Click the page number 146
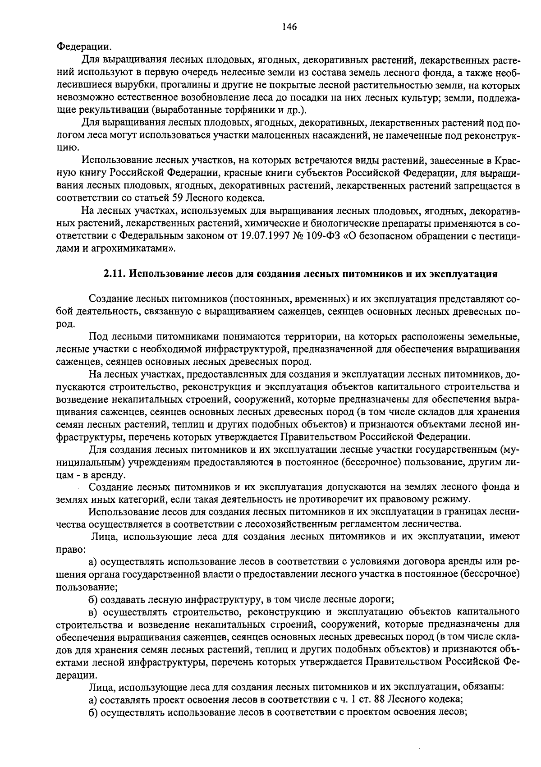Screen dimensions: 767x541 (x=289, y=27)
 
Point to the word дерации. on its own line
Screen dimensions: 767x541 (x=76, y=675)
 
